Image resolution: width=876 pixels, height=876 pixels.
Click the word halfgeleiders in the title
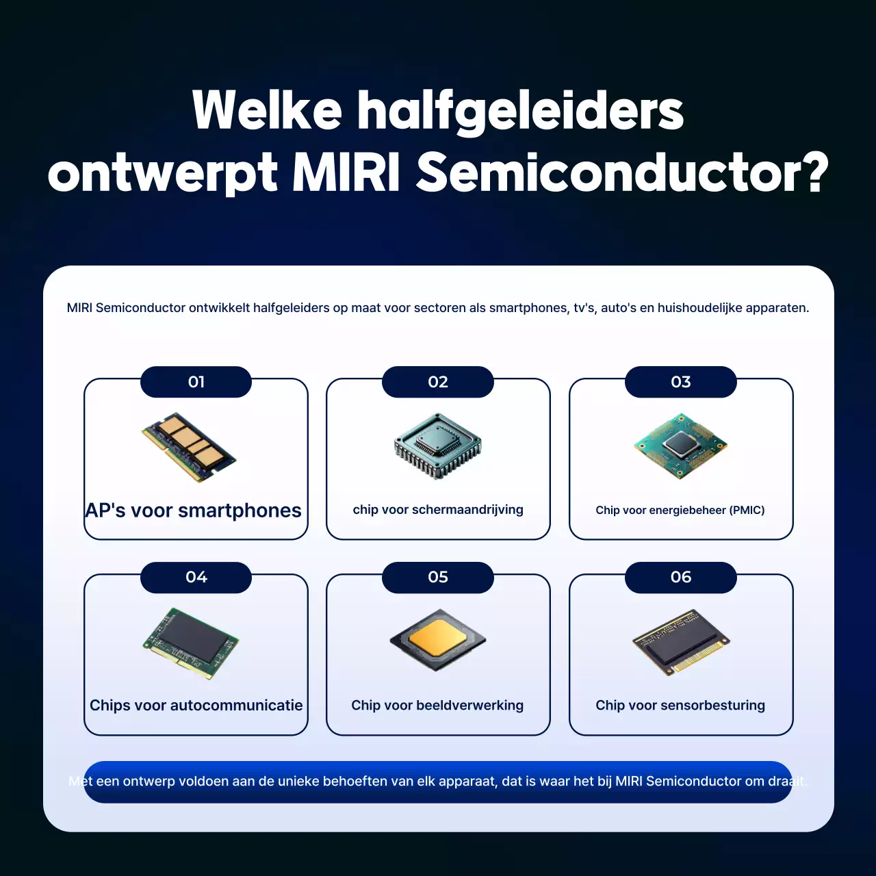[x=520, y=111]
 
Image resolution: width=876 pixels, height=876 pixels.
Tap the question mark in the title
[x=814, y=172]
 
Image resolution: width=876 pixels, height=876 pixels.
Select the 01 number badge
[x=196, y=382]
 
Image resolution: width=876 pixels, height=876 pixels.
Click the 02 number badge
[x=438, y=382]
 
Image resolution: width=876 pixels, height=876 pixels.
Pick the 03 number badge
[x=681, y=382]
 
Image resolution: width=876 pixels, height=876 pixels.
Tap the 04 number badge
[x=196, y=577]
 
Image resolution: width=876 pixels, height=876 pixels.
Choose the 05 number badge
[x=438, y=577]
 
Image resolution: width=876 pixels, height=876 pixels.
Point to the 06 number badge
[x=681, y=577]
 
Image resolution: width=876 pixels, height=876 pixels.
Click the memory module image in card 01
[x=189, y=447]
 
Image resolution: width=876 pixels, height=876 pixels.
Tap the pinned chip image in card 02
[x=438, y=445]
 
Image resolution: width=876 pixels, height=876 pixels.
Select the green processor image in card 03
[x=680, y=446]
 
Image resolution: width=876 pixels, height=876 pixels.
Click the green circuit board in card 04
[x=191, y=643]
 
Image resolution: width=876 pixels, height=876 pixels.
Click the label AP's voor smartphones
[x=193, y=511]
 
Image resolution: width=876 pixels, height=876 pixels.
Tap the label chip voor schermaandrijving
[x=438, y=510]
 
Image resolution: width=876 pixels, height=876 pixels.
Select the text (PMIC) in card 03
[x=747, y=511]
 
